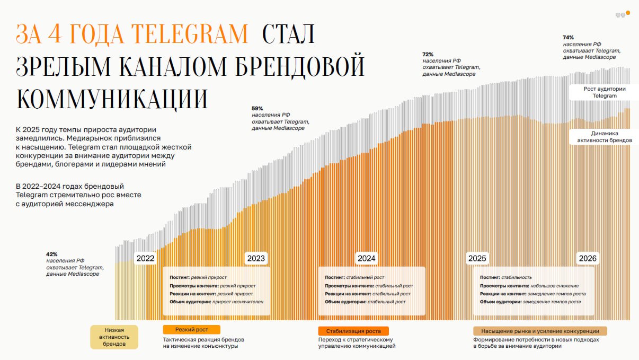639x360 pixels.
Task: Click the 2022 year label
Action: pyautogui.click(x=145, y=258)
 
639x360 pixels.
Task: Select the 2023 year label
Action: pyautogui.click(x=256, y=258)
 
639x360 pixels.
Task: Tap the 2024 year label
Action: pyautogui.click(x=367, y=258)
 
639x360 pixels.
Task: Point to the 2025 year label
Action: pyautogui.click(x=477, y=258)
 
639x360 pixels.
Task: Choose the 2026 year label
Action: pyautogui.click(x=588, y=258)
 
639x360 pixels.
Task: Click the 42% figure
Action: pyautogui.click(x=52, y=254)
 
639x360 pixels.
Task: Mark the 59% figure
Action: pyautogui.click(x=258, y=108)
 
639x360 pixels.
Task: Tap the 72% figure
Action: pyautogui.click(x=428, y=54)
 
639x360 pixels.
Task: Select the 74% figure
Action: pyautogui.click(x=568, y=38)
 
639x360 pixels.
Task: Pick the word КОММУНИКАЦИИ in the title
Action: pyautogui.click(x=112, y=99)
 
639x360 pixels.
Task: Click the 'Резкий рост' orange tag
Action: pyautogui.click(x=191, y=330)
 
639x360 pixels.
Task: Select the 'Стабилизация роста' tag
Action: pyautogui.click(x=353, y=331)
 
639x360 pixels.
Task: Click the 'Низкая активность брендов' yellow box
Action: pyautogui.click(x=114, y=337)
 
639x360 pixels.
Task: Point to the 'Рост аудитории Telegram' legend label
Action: pyautogui.click(x=605, y=92)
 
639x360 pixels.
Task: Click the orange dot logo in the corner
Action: pyautogui.click(x=628, y=12)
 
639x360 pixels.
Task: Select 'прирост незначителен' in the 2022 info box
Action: pyautogui.click(x=237, y=302)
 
